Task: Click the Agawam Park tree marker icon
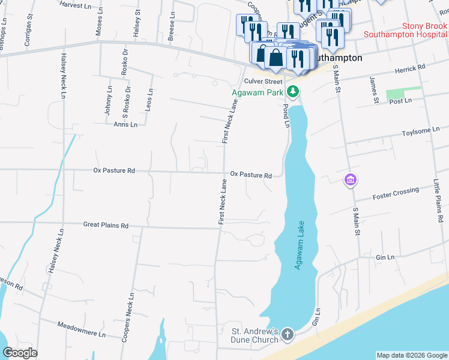292,92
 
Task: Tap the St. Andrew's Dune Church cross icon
288,334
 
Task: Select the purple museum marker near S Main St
351,179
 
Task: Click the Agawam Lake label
298,245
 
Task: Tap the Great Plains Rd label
106,226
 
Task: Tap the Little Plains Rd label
437,198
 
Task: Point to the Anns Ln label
125,125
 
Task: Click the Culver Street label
262,81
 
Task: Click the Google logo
20,353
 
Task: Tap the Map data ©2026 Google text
411,355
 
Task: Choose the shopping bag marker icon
276,58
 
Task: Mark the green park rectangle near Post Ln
403,93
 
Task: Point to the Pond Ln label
285,114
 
